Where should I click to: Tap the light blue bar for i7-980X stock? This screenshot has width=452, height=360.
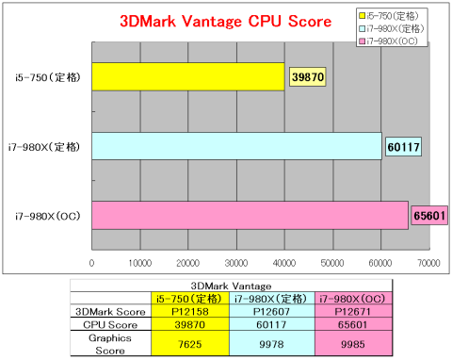(x=236, y=146)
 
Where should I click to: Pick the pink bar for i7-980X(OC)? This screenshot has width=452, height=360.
(x=250, y=215)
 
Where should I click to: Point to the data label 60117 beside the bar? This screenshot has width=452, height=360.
(x=403, y=146)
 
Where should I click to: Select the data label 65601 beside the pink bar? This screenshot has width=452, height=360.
(x=428, y=215)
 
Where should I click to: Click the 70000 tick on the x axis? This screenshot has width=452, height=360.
(x=429, y=263)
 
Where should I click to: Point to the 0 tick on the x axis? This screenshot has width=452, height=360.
(x=92, y=263)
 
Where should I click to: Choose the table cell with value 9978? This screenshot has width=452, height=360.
(x=271, y=343)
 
